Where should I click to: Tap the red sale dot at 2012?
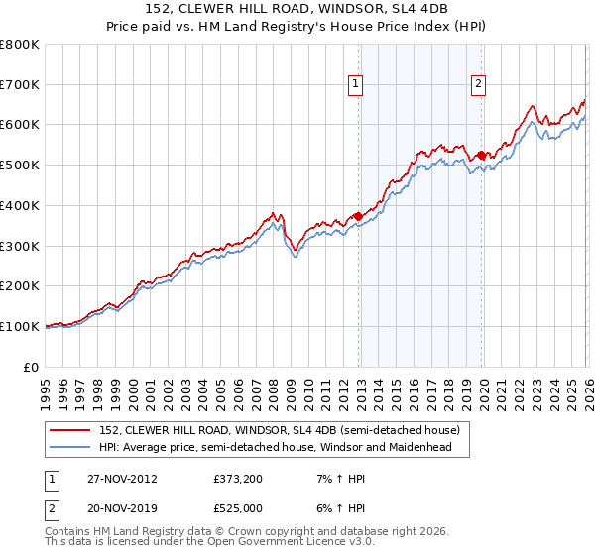pyautogui.click(x=359, y=216)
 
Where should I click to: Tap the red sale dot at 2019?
pyautogui.click(x=482, y=155)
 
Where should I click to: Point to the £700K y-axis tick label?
pyautogui.click(x=20, y=85)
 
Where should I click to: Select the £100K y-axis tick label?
pyautogui.click(x=20, y=326)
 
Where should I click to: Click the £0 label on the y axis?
pyautogui.click(x=31, y=367)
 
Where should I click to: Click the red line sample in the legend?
pyautogui.click(x=71, y=431)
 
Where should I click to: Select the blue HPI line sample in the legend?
pyautogui.click(x=71, y=447)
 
